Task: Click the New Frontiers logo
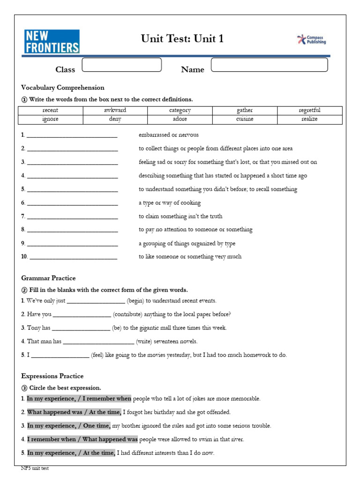[x=52, y=41]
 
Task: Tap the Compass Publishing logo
[x=312, y=40]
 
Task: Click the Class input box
[x=122, y=65]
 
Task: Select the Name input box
[x=270, y=65]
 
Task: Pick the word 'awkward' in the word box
[x=115, y=111]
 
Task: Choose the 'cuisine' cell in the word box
[x=245, y=120]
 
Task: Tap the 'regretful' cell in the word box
[x=309, y=111]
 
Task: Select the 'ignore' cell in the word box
[x=50, y=120]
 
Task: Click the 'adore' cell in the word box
[x=180, y=120]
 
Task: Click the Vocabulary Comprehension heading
[x=63, y=88]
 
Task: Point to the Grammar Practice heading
[x=48, y=278]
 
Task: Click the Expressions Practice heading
[x=52, y=376]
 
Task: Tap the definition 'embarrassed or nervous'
[x=168, y=135]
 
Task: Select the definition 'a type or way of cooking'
[x=169, y=203]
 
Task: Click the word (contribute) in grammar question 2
[x=127, y=315]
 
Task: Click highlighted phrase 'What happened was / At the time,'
[x=74, y=412]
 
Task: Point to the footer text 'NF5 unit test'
[x=35, y=468]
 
